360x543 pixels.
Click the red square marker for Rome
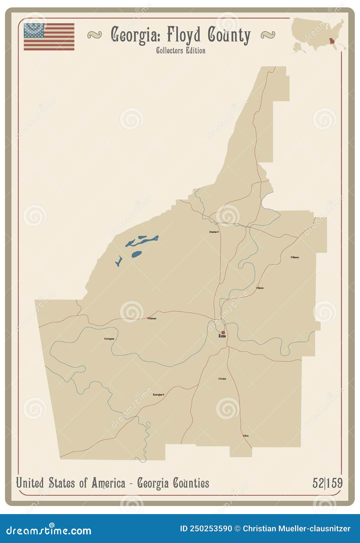223,333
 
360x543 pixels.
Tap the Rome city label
222,336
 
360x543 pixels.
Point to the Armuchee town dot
218,232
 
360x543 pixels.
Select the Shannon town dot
292,257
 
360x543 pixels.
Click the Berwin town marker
257,288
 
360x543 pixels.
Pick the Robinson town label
153,318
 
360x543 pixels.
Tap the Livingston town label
110,339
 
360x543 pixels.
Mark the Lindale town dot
220,378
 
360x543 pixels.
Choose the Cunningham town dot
163,395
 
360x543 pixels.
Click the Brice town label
247,436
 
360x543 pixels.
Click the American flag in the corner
49,37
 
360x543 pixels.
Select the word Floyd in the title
184,35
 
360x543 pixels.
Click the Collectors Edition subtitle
181,50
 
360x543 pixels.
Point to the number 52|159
327,483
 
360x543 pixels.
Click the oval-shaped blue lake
136,254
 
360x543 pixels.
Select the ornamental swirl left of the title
94,35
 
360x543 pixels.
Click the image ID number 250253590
210,529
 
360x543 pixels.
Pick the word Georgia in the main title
135,35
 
